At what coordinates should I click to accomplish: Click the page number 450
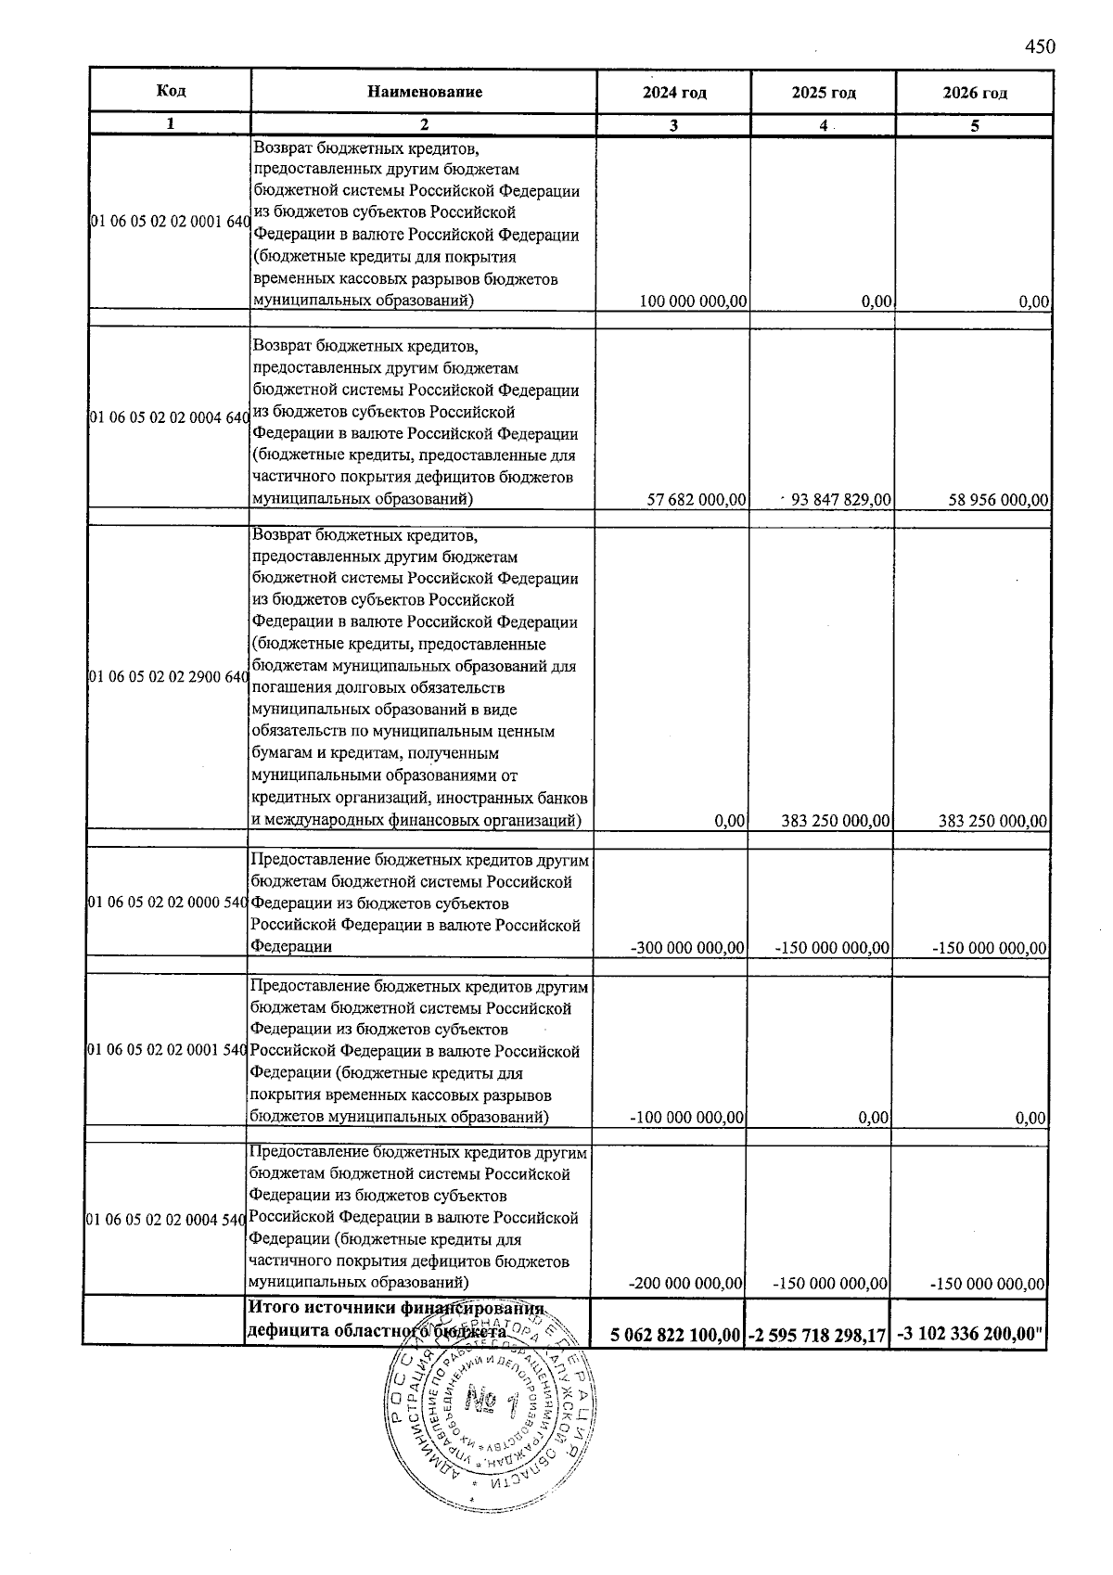[1041, 47]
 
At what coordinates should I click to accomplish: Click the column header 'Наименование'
[425, 92]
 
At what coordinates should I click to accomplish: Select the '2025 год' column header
[824, 93]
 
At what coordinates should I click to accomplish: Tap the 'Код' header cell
[171, 90]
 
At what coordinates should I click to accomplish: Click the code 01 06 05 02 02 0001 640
[170, 223]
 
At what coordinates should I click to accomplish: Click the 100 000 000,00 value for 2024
[694, 301]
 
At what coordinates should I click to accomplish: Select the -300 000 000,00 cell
[687, 948]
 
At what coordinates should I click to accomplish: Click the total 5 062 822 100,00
[675, 1335]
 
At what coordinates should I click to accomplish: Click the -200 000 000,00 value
[686, 1285]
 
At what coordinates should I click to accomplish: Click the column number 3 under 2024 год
[674, 127]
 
